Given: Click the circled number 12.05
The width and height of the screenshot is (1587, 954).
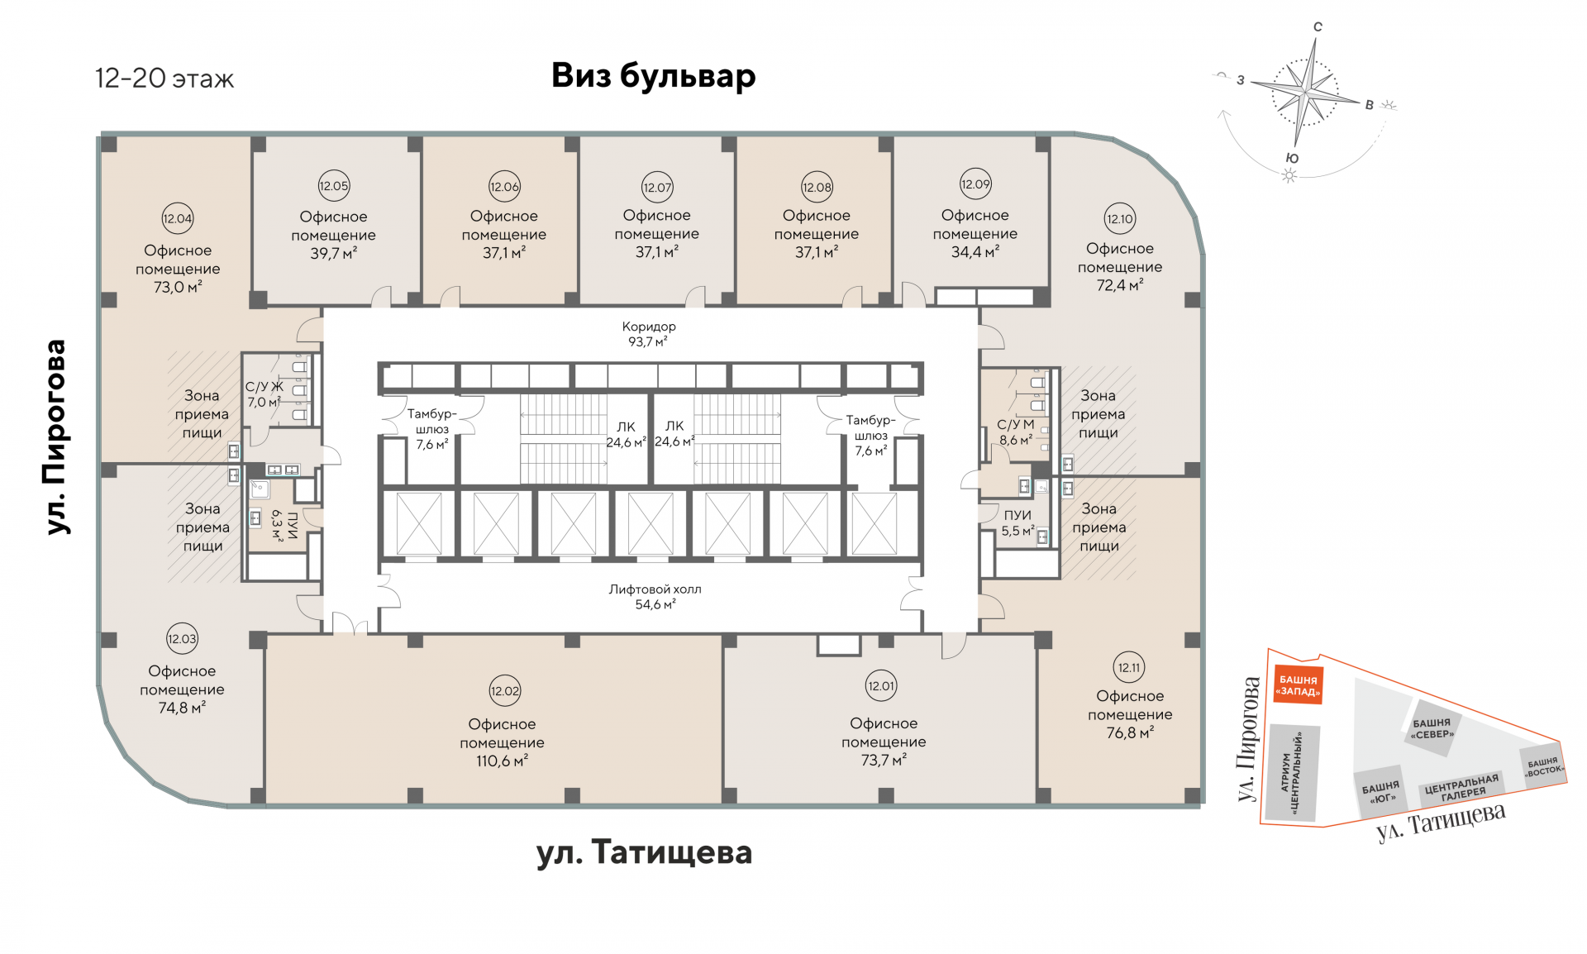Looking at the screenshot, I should [x=334, y=186].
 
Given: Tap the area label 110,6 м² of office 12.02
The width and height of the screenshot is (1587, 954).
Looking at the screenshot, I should [x=502, y=761].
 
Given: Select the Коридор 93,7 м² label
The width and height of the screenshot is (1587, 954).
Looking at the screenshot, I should [x=649, y=334].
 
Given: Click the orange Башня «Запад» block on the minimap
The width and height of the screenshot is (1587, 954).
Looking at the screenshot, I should [x=1298, y=685].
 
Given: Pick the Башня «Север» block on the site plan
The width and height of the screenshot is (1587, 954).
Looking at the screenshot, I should [x=1432, y=728].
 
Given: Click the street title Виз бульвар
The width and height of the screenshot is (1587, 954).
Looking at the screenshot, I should [x=653, y=76].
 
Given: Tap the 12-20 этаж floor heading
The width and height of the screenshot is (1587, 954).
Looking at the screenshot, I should [x=164, y=79].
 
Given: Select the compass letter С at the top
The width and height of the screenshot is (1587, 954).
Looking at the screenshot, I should [x=1318, y=26].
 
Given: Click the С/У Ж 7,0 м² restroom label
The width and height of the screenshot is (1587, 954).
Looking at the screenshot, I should [x=264, y=394].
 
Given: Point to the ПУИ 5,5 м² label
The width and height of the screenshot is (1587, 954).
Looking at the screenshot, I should [x=1017, y=523].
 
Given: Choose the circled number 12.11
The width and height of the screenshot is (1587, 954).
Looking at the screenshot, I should [x=1129, y=668].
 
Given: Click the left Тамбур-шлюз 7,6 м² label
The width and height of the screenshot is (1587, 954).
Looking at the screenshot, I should [x=431, y=429].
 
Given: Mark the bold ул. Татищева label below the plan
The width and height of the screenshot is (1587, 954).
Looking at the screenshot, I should [x=644, y=852].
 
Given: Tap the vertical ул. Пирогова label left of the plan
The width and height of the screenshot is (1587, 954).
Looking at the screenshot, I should [x=55, y=436].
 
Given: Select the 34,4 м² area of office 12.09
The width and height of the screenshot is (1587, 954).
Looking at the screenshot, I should [x=975, y=252].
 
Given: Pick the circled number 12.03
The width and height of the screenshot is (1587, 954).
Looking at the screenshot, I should [x=182, y=639].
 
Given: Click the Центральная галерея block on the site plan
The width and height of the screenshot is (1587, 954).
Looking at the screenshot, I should [x=1461, y=788].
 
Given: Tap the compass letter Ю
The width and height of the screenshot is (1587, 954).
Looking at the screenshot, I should [x=1292, y=159].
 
